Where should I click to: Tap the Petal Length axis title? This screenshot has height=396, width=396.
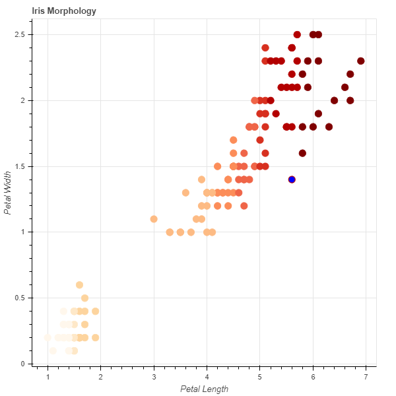[x=205, y=389]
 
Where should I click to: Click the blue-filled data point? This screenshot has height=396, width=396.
[x=292, y=180]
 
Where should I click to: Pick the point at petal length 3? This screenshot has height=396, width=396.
[x=154, y=219]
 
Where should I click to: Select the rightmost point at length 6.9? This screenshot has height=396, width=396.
[x=360, y=61]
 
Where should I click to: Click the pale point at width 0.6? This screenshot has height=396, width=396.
[x=80, y=285]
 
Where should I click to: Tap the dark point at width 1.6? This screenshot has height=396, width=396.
[x=302, y=153]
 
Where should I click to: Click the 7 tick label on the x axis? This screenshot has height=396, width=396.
[x=366, y=376]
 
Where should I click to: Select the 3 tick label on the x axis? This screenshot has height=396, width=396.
[x=154, y=376]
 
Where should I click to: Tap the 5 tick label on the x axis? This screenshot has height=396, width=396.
[x=259, y=376]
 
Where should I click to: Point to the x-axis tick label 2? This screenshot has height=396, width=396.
[x=101, y=376]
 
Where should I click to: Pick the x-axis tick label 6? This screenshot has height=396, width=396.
[x=313, y=376]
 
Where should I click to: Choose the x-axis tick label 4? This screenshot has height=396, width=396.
[x=207, y=376]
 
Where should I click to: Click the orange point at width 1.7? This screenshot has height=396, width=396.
[x=233, y=140]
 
